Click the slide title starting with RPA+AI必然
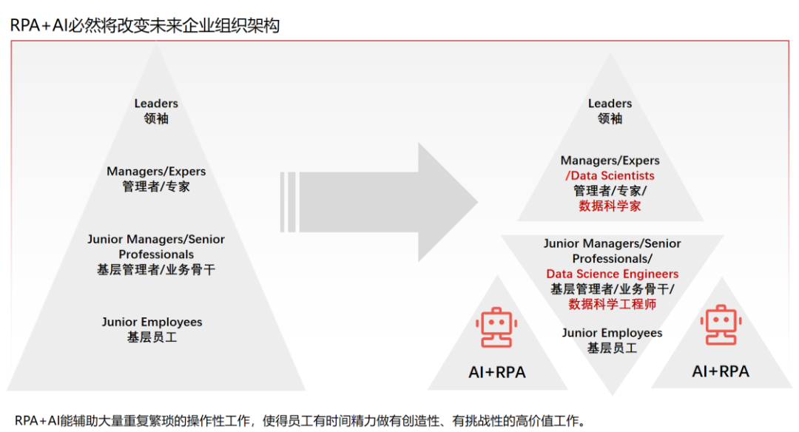144,24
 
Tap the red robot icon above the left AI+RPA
496,328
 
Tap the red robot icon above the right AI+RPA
721,325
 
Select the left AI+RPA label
496,372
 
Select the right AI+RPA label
720,371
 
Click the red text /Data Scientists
610,176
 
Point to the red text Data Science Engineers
612,274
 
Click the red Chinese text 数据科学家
610,206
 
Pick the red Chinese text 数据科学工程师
612,304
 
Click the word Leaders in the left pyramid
156,104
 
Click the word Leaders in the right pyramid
610,104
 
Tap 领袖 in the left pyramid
156,118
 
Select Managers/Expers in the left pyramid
156,172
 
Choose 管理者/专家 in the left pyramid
156,186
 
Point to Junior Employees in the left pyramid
152,322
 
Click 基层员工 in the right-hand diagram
612,348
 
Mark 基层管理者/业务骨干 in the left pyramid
156,269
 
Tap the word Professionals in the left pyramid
156,254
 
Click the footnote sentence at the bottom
300,421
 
